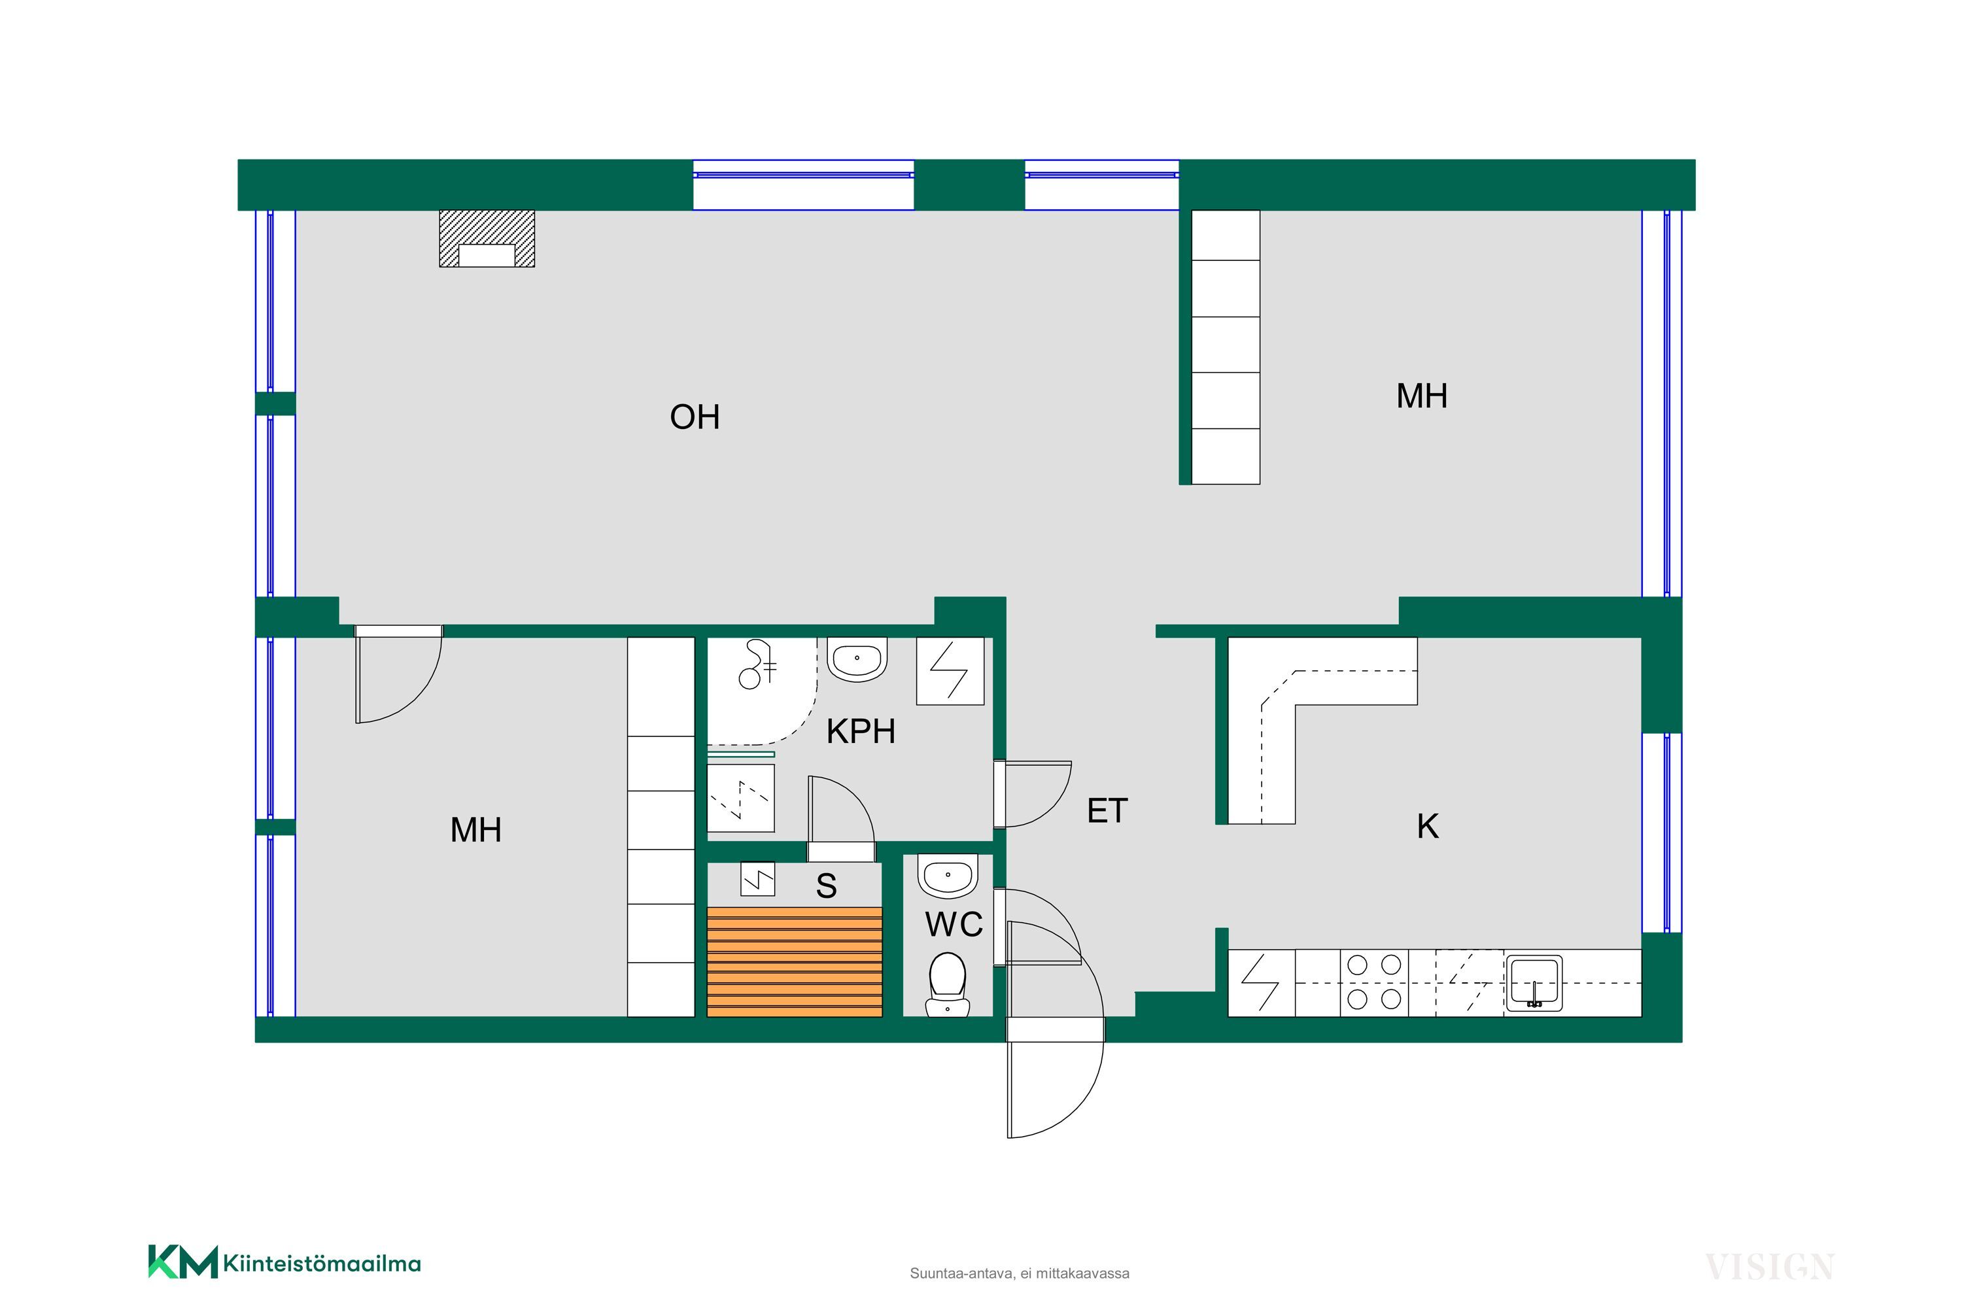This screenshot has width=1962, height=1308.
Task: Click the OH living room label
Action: tap(695, 417)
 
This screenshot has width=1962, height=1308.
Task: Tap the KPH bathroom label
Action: tap(861, 732)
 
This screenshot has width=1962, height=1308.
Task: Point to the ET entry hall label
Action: tap(1107, 811)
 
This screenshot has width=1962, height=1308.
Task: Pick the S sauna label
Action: tap(826, 886)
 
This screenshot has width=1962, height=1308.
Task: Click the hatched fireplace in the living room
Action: tap(487, 239)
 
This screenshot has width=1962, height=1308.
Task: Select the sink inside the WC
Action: tap(947, 876)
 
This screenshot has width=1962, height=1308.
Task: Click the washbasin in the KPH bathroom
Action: tap(857, 659)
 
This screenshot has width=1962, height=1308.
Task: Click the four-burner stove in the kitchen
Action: tap(1374, 983)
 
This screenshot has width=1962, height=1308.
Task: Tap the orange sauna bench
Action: tap(794, 962)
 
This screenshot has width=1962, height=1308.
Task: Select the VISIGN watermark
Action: tap(1768, 1267)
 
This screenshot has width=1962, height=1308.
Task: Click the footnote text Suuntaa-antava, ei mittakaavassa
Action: tap(1020, 1274)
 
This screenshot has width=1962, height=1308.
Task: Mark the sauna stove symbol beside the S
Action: tap(757, 879)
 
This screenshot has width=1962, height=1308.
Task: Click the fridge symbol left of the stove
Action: tap(1262, 983)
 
